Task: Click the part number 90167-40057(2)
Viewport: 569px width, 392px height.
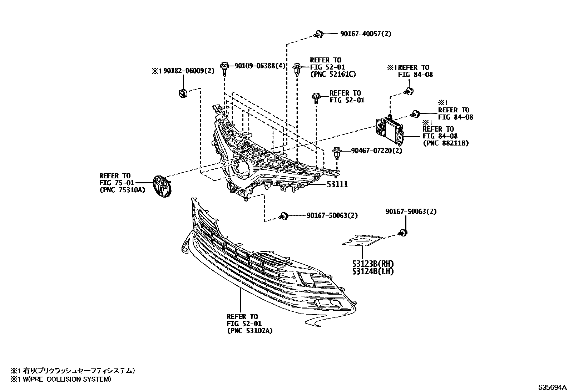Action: pos(365,34)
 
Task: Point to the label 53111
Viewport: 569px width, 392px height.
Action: pos(337,184)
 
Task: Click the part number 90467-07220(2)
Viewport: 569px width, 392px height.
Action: pos(376,151)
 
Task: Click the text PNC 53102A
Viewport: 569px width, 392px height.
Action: pos(249,331)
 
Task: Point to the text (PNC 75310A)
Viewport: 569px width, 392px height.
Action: pos(122,190)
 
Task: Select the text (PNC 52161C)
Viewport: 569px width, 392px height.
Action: pos(332,74)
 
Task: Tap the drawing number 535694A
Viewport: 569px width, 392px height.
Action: pos(553,387)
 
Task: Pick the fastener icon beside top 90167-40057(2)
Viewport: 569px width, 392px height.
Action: pos(319,34)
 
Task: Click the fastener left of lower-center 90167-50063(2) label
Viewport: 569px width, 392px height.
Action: pos(284,216)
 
